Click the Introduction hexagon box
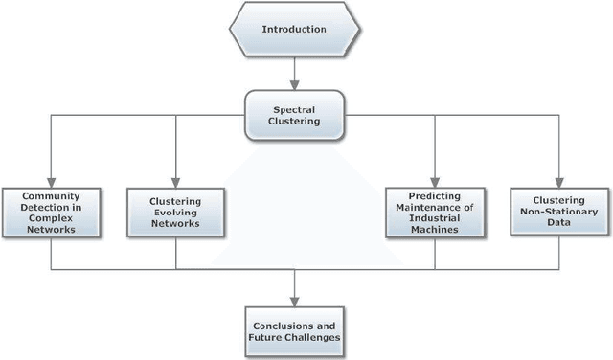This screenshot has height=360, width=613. [x=295, y=29]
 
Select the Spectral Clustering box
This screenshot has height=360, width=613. [x=294, y=115]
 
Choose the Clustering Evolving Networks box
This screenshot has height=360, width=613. [x=175, y=211]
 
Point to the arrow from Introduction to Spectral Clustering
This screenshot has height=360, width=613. [x=295, y=72]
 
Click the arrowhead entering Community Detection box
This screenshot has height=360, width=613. [x=50, y=183]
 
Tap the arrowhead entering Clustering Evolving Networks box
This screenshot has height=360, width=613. [x=175, y=183]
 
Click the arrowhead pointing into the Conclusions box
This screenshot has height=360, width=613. [x=293, y=299]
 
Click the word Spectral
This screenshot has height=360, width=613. [x=295, y=108]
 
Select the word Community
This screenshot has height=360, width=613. [x=50, y=196]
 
